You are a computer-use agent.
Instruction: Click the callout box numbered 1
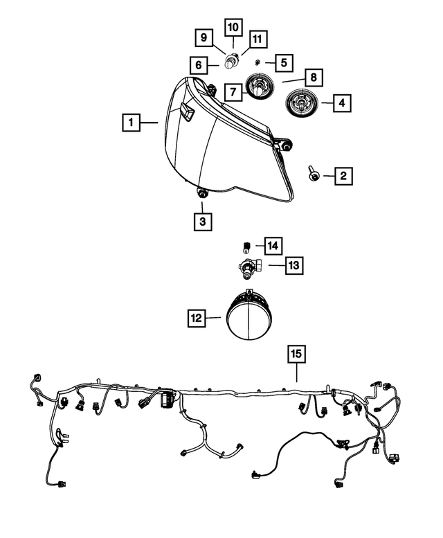point(129,123)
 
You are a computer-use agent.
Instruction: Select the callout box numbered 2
point(342,176)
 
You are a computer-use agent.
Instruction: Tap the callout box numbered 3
point(203,222)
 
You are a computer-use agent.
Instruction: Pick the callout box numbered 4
point(341,104)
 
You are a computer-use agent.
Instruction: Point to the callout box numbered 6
point(198,66)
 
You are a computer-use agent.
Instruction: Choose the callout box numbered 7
point(233,91)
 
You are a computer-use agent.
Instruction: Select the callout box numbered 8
point(313,76)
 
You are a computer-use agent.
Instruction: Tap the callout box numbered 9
point(204,37)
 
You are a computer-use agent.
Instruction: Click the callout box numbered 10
point(233,28)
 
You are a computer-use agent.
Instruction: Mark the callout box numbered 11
point(258,38)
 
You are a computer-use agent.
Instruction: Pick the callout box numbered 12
point(197,318)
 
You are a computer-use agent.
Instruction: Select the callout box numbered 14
point(273,244)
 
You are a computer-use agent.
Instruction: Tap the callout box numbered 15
point(296,355)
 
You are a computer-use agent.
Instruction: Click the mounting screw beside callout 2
point(314,175)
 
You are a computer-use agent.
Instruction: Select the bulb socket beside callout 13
point(248,265)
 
